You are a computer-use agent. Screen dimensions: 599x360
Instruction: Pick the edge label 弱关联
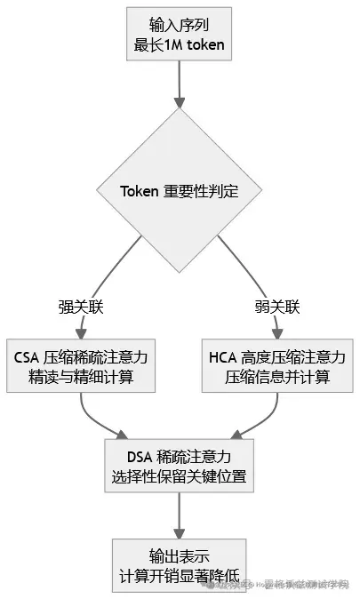[x=279, y=307]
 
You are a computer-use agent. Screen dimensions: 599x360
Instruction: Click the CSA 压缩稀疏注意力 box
[x=81, y=366]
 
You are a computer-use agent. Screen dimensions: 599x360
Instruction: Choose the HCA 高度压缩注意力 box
[x=278, y=366]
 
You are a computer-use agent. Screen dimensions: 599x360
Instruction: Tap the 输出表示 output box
[x=180, y=563]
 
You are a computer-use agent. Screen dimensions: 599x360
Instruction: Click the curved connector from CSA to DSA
[x=98, y=422]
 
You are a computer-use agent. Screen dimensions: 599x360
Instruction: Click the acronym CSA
[x=29, y=356]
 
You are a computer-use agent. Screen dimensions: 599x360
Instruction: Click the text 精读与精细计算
[x=81, y=377]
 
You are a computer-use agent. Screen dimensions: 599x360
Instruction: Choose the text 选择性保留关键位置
[x=180, y=476]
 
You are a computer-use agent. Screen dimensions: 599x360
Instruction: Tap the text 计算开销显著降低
[x=180, y=574]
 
